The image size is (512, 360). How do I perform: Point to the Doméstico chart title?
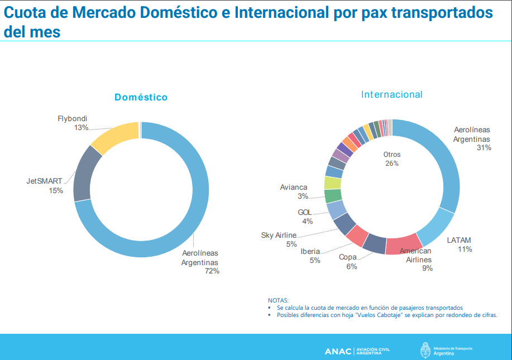141,97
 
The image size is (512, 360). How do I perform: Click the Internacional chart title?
392,95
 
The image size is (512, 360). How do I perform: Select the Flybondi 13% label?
73,123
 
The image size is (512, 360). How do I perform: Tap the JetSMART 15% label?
45,186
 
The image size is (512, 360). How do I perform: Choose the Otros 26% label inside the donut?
392,159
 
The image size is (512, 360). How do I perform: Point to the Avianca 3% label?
294,191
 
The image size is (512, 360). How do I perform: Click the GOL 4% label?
305,217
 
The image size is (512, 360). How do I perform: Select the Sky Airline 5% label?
279,239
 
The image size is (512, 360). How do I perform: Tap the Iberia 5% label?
310,256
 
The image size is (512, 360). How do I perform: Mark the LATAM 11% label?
460,245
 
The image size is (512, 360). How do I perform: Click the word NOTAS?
278,300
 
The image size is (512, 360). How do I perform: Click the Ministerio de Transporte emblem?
425,351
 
